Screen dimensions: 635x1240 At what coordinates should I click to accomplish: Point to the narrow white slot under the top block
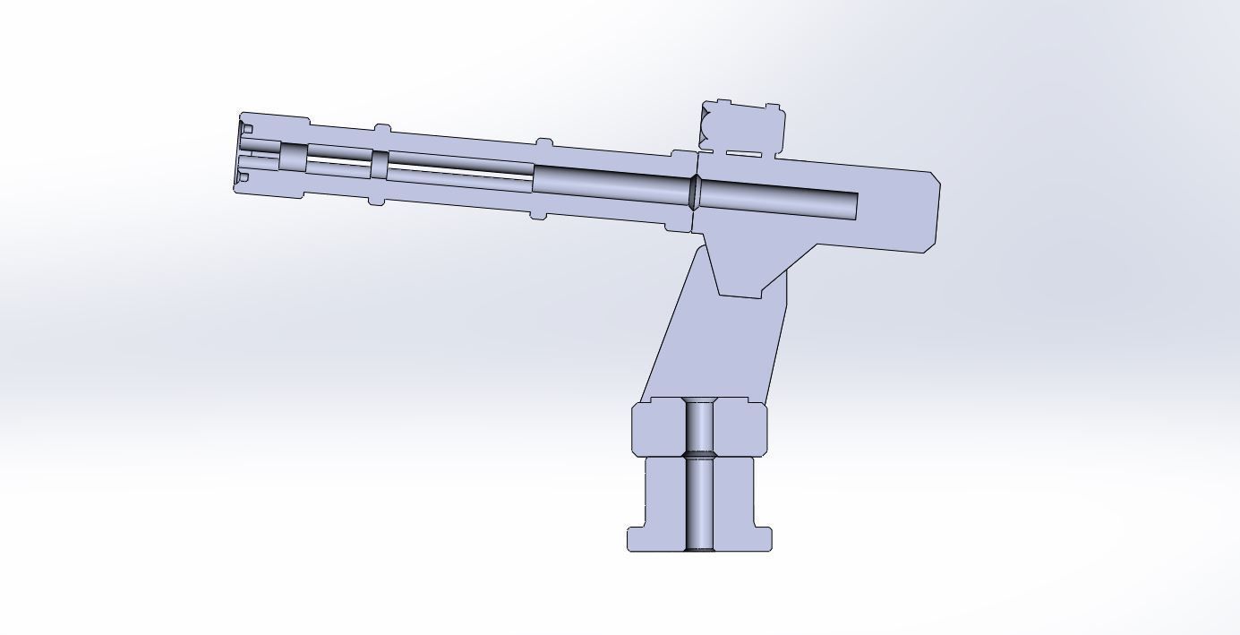pos(743,154)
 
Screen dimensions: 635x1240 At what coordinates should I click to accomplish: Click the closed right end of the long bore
pos(856,207)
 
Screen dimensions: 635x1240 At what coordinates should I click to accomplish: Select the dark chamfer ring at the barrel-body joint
pos(693,193)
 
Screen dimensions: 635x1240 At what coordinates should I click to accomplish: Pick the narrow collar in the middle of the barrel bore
pos(379,165)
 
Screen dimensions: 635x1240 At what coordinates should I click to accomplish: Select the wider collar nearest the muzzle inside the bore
pos(293,158)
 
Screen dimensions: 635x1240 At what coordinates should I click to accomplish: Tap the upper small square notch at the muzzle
pos(247,130)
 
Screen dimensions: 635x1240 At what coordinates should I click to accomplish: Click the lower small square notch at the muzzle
pos(245,177)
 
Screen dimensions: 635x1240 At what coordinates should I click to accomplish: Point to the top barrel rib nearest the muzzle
pos(382,130)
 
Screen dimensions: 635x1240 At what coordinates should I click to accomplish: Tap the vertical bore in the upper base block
pos(699,425)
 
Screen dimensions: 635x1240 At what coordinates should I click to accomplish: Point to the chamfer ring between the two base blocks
pos(699,455)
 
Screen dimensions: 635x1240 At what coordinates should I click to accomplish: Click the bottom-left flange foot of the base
pos(637,538)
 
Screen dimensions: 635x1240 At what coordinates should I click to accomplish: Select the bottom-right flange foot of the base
pos(762,538)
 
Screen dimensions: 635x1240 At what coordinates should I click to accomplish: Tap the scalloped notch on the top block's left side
pos(707,125)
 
